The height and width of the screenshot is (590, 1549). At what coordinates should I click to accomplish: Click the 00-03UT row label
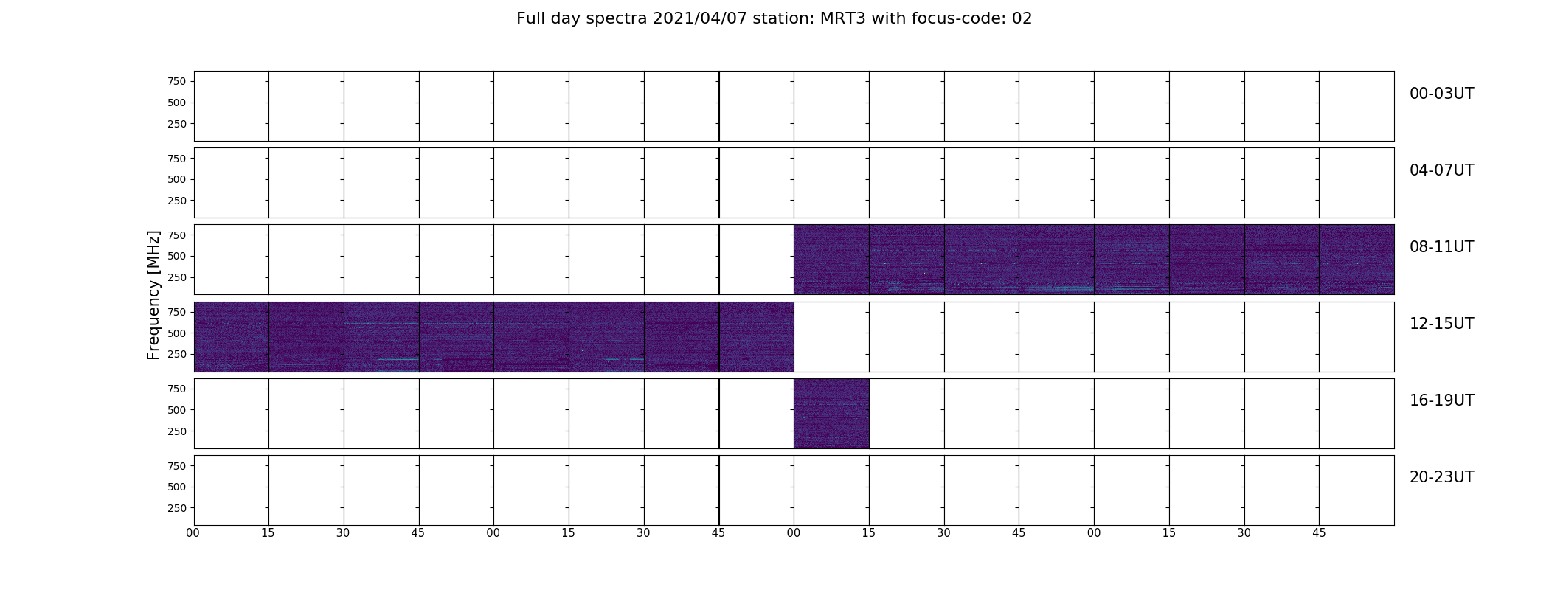pyautogui.click(x=1441, y=94)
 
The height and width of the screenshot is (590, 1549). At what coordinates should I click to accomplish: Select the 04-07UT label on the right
pyautogui.click(x=1441, y=170)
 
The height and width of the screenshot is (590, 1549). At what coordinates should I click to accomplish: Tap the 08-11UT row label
pyautogui.click(x=1441, y=247)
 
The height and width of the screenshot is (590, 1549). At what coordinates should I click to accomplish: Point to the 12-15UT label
pyautogui.click(x=1441, y=324)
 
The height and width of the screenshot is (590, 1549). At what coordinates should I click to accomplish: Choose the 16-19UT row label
pyautogui.click(x=1441, y=400)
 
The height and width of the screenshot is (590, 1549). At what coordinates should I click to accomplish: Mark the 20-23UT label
pyautogui.click(x=1441, y=477)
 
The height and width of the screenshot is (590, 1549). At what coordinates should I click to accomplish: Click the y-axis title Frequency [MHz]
pyautogui.click(x=153, y=295)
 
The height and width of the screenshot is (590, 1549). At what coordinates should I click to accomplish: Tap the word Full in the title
pyautogui.click(x=530, y=18)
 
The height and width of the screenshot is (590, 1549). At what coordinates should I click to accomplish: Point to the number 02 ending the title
pyautogui.click(x=1022, y=18)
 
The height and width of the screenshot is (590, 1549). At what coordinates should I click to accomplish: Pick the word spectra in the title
pyautogui.click(x=617, y=19)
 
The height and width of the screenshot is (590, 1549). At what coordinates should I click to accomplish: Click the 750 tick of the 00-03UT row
pyautogui.click(x=176, y=81)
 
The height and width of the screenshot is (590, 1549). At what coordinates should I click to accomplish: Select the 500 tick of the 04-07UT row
pyautogui.click(x=176, y=179)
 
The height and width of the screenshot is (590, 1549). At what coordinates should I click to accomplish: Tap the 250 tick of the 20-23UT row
pyautogui.click(x=176, y=508)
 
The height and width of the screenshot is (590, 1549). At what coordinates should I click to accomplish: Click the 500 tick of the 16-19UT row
pyautogui.click(x=176, y=410)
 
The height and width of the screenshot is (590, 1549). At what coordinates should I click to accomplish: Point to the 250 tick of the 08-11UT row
pyautogui.click(x=176, y=277)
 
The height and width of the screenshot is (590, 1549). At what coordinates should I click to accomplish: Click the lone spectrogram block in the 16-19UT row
pyautogui.click(x=831, y=414)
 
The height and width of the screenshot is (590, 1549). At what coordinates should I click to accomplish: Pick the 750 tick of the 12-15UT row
pyautogui.click(x=176, y=312)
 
